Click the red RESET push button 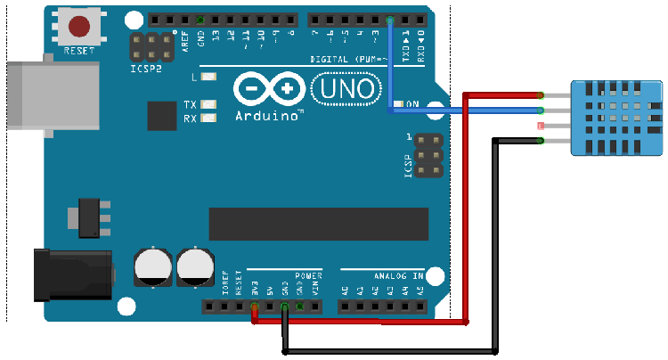coord(80,27)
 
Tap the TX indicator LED coord(209,104)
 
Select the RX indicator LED coord(209,118)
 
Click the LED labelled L coord(209,78)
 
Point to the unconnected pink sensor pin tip coord(542,127)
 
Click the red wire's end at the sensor coord(542,94)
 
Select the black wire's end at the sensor coord(542,141)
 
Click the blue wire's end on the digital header coord(390,19)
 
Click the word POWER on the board coord(308,275)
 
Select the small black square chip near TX coord(162,115)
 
